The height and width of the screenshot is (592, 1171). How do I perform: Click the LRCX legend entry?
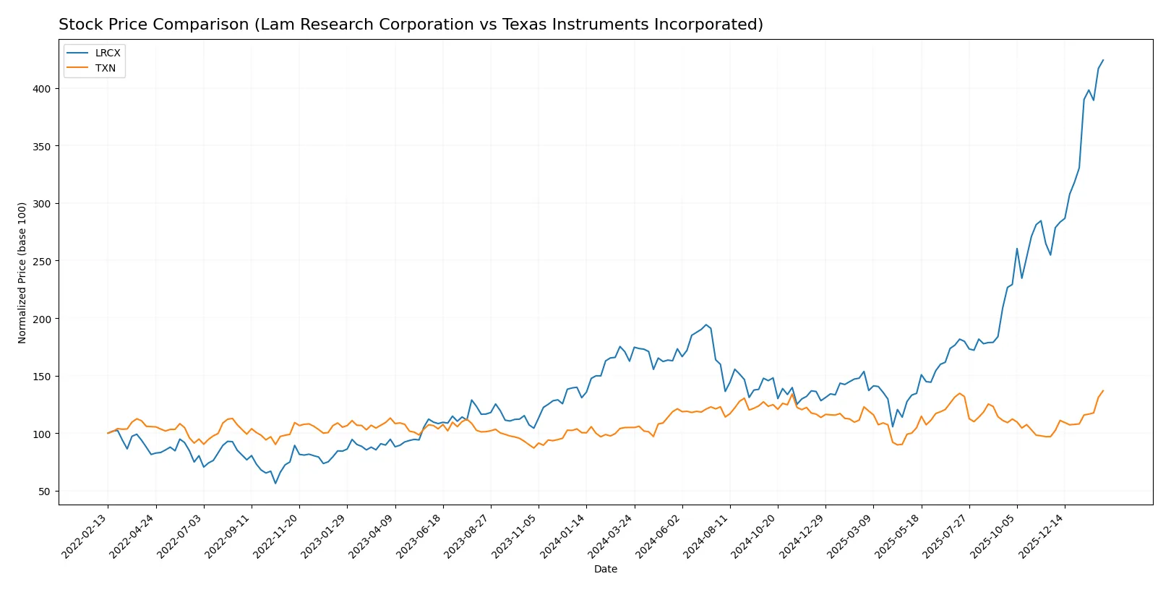107,53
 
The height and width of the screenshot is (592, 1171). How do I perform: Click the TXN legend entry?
105,68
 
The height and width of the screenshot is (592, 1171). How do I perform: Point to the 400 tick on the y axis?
41,89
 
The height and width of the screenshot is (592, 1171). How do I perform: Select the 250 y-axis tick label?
41,261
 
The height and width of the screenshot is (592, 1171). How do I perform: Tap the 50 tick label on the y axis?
44,492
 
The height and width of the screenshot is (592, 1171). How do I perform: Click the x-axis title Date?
605,570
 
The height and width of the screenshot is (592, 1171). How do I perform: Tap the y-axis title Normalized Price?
22,273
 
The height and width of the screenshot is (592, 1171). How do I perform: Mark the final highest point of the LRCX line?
1103,60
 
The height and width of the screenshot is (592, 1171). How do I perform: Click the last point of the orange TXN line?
1103,391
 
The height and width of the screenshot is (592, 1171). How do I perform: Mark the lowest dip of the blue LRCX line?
275,484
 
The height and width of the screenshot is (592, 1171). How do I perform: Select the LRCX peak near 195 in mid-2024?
706,325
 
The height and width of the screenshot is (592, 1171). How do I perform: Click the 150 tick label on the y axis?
41,377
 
